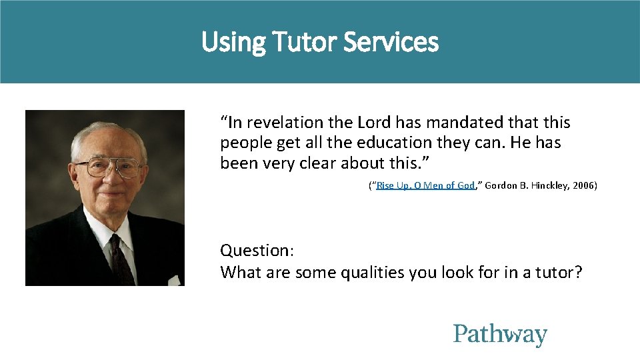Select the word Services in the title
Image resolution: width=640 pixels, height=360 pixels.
tap(391, 43)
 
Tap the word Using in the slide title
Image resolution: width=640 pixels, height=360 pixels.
tap(233, 43)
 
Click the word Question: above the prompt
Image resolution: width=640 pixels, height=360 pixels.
tap(257, 251)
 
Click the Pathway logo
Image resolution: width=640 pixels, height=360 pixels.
tap(500, 335)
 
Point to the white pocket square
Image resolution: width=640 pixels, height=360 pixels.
tap(175, 280)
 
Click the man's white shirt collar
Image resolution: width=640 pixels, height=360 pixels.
tap(100, 230)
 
